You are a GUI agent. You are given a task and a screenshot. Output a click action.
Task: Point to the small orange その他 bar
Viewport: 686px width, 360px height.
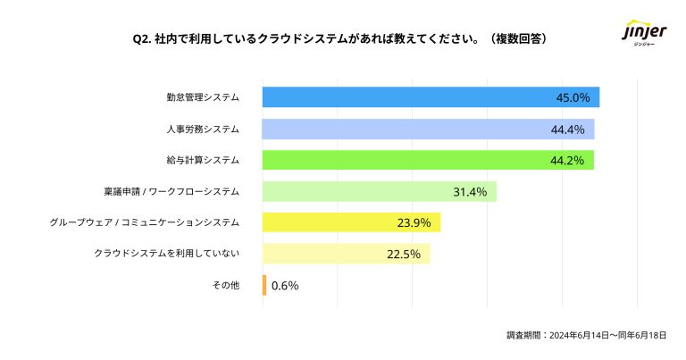[x=264, y=285]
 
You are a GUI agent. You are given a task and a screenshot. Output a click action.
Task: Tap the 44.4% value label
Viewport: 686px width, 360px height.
[x=567, y=129]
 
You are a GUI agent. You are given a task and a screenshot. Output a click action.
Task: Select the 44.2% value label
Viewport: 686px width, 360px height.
[x=567, y=160]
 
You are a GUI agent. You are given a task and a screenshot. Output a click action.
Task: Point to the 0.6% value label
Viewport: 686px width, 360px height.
[x=285, y=286]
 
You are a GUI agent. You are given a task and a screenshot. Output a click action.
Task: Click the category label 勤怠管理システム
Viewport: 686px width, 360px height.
[x=203, y=97]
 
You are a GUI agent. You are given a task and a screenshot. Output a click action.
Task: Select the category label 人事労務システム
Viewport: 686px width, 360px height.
[x=203, y=129]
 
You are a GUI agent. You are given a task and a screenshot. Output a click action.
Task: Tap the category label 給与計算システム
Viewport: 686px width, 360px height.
[x=203, y=160]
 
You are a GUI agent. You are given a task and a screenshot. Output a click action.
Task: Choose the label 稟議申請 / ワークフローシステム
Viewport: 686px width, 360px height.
[x=171, y=191]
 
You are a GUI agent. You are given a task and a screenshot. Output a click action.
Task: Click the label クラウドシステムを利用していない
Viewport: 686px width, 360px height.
[x=167, y=254]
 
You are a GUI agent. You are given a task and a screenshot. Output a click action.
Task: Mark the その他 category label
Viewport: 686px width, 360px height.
[x=226, y=285]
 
